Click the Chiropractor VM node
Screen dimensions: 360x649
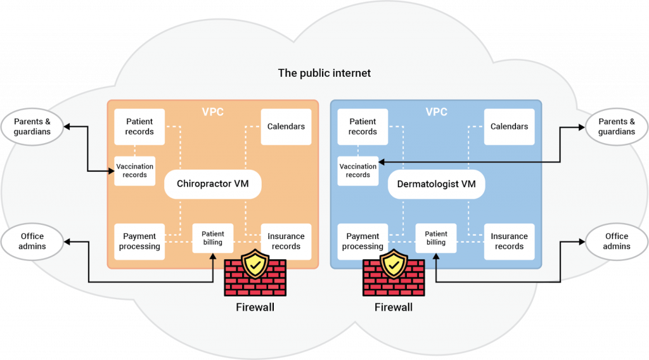coord(212,184)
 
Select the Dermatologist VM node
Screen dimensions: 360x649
coord(436,184)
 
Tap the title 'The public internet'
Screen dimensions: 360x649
coord(324,74)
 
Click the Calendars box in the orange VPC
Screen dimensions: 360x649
coord(286,127)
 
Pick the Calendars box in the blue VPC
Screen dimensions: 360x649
coord(509,127)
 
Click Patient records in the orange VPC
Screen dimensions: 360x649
coord(139,127)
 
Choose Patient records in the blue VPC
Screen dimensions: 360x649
coord(363,127)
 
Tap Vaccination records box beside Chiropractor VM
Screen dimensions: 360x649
coord(135,170)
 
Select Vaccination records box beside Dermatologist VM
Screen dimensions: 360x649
coord(358,170)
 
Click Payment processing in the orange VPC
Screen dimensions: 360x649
coord(139,241)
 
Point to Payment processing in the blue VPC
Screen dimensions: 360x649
coord(363,241)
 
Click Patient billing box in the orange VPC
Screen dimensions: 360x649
coord(213,238)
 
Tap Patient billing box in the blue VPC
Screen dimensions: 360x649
coord(436,238)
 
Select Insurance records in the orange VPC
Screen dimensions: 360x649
coord(286,241)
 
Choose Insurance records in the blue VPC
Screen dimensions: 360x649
coord(509,241)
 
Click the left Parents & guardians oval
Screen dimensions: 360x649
coord(32,127)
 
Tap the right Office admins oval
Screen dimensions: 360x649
coord(617,241)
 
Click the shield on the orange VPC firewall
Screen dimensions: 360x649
coord(255,264)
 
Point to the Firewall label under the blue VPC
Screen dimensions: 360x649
coord(394,307)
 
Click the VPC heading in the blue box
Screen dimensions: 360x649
coord(436,112)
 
